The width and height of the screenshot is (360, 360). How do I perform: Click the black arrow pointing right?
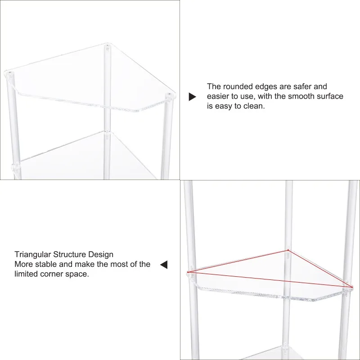pos(192,97)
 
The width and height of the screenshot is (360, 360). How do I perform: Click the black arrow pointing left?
pos(164,265)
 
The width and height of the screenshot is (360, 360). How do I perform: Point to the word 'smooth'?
pos(301,96)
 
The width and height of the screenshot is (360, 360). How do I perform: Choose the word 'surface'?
pos(328,96)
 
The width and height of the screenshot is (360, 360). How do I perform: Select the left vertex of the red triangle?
pos(188,272)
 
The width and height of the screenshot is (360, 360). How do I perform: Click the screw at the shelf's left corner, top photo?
pos(9,72)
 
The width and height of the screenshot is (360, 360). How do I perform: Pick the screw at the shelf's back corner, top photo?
pos(108,46)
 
